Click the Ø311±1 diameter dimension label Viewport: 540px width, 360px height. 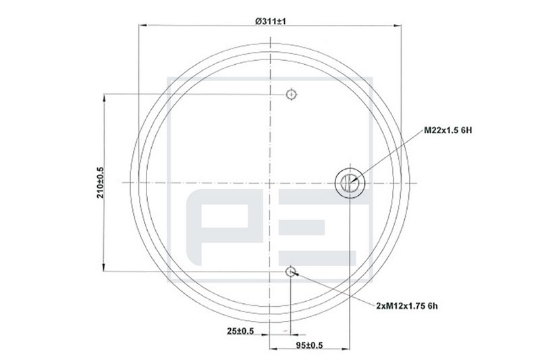click(x=271, y=22)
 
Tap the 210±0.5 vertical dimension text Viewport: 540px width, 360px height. click(x=100, y=182)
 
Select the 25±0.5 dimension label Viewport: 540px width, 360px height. click(x=240, y=331)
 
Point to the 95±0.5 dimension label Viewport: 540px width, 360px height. click(x=309, y=345)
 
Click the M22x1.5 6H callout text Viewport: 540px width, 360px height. click(x=448, y=130)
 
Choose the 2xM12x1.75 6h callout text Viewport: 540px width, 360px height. click(x=407, y=306)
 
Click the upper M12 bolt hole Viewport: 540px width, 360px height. click(x=292, y=94)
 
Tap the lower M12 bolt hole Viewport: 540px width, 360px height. click(x=291, y=272)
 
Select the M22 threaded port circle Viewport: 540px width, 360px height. click(x=350, y=183)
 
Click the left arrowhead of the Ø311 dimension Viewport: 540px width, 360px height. click(x=142, y=25)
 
